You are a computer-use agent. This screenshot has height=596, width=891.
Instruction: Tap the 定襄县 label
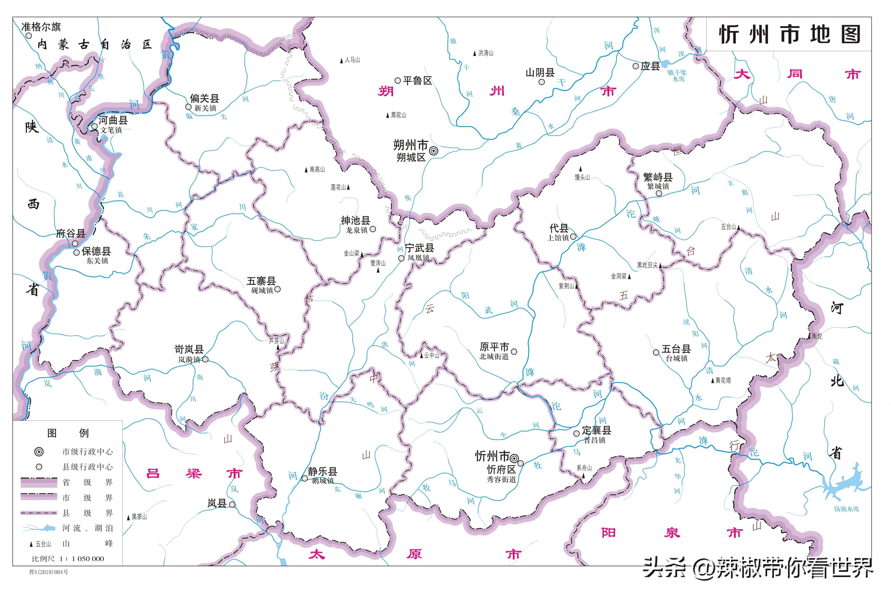pos(597,431)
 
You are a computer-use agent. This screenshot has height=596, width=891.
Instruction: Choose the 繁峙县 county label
pos(658,177)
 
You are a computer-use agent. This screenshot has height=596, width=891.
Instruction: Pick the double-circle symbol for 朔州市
pos(433,151)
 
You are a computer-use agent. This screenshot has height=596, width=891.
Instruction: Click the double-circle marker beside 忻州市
pos(514,458)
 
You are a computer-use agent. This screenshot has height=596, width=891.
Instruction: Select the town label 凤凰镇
pos(418,258)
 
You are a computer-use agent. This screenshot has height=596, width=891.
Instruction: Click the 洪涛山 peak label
pos(486,53)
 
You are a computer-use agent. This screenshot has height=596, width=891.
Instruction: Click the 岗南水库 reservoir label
pos(846,509)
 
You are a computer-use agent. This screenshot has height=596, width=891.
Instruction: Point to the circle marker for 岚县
pos(232,504)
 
